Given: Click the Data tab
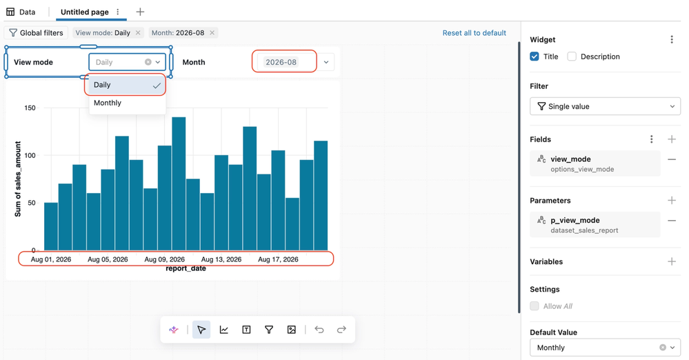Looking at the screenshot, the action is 21,12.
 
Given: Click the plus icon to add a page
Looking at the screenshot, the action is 140,12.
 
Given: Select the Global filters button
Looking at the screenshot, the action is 37,33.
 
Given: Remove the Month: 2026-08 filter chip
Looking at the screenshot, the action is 212,32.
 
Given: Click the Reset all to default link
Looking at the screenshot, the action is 474,33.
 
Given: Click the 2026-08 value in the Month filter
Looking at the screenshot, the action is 281,62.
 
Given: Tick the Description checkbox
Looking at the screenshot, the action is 572,57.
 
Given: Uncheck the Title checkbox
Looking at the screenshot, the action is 535,57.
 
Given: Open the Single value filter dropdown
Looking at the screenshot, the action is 605,106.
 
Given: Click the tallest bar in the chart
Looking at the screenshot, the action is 179,183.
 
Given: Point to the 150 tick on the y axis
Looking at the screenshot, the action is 30,108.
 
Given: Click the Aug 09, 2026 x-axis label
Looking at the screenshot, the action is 164,259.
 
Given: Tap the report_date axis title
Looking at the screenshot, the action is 186,268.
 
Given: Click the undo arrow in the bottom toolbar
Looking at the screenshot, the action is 319,330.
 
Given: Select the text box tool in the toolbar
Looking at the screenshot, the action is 246,330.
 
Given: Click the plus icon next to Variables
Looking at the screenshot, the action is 672,261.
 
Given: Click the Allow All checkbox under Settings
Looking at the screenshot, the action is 535,306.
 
